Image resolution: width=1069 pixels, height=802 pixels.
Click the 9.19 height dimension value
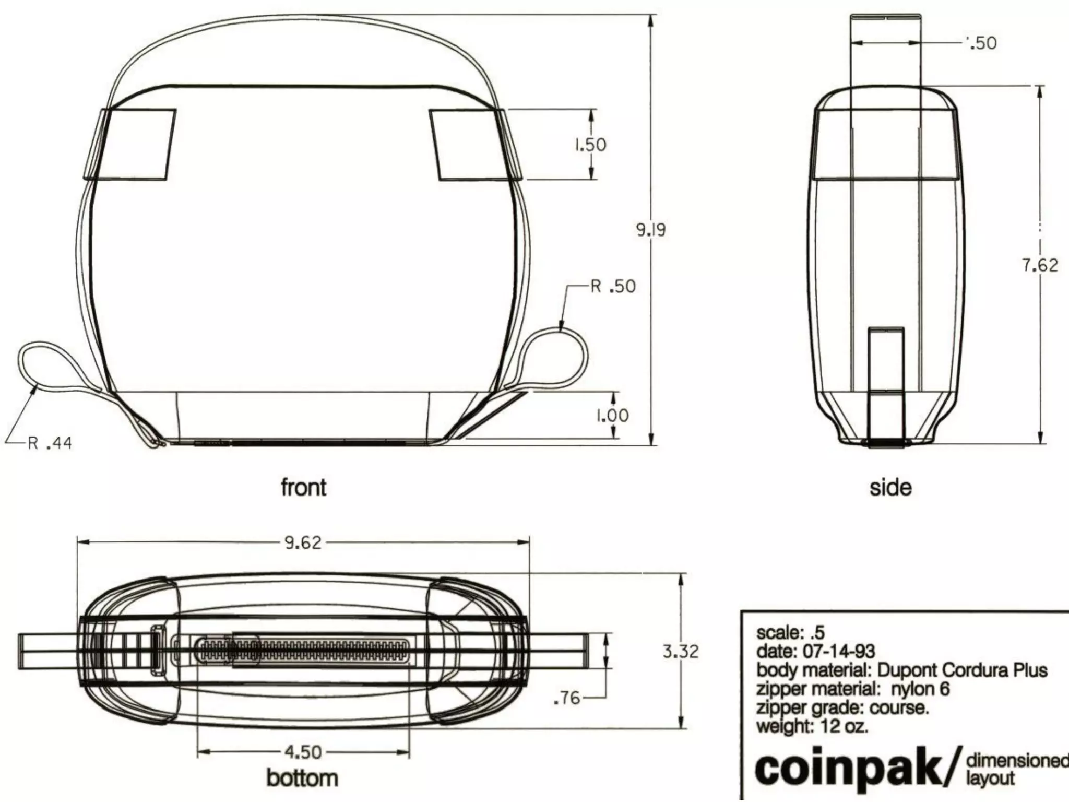pos(650,230)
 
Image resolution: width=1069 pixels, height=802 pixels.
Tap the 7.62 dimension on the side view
pos(1039,265)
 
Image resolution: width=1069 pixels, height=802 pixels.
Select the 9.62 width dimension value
pos(303,543)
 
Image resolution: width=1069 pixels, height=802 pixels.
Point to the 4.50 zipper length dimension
pos(303,752)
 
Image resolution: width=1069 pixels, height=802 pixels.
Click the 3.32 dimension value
pos(680,652)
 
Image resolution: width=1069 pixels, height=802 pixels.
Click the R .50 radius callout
pos(613,286)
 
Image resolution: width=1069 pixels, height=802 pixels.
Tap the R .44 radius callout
pos(50,443)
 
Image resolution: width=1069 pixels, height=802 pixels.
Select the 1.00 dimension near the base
pos(612,416)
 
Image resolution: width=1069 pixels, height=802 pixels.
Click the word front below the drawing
pos(303,487)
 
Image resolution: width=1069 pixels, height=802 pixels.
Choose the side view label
pos(890,487)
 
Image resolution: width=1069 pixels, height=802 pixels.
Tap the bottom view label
pos(302,778)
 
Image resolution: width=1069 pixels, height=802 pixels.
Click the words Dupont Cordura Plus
pos(962,670)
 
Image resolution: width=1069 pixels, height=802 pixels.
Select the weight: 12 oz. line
pos(812,726)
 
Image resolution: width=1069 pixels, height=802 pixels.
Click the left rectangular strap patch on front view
pos(130,145)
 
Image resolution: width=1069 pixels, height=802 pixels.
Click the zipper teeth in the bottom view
pos(324,652)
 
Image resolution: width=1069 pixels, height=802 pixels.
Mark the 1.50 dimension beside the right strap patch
pos(590,145)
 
